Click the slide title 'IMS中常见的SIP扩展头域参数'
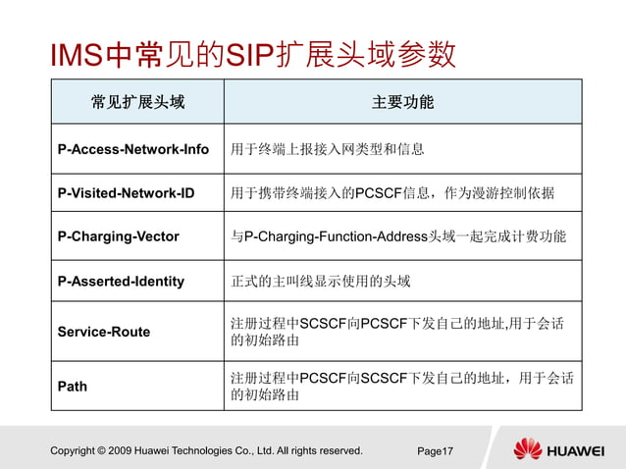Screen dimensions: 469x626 [253, 55]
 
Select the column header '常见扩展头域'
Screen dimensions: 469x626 [137, 102]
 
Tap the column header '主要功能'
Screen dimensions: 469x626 [402, 102]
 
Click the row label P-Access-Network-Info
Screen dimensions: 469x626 [133, 149]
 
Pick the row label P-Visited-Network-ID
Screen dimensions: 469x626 [126, 193]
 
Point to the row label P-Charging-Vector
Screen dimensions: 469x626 [119, 236]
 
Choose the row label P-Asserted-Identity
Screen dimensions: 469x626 [121, 282]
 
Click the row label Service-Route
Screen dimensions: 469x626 [104, 332]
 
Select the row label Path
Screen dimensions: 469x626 [73, 387]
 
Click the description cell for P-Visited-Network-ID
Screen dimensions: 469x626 [392, 193]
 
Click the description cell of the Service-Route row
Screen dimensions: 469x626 [401, 332]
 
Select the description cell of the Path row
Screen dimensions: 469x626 [401, 387]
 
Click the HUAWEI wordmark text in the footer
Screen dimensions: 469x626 [575, 451]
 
